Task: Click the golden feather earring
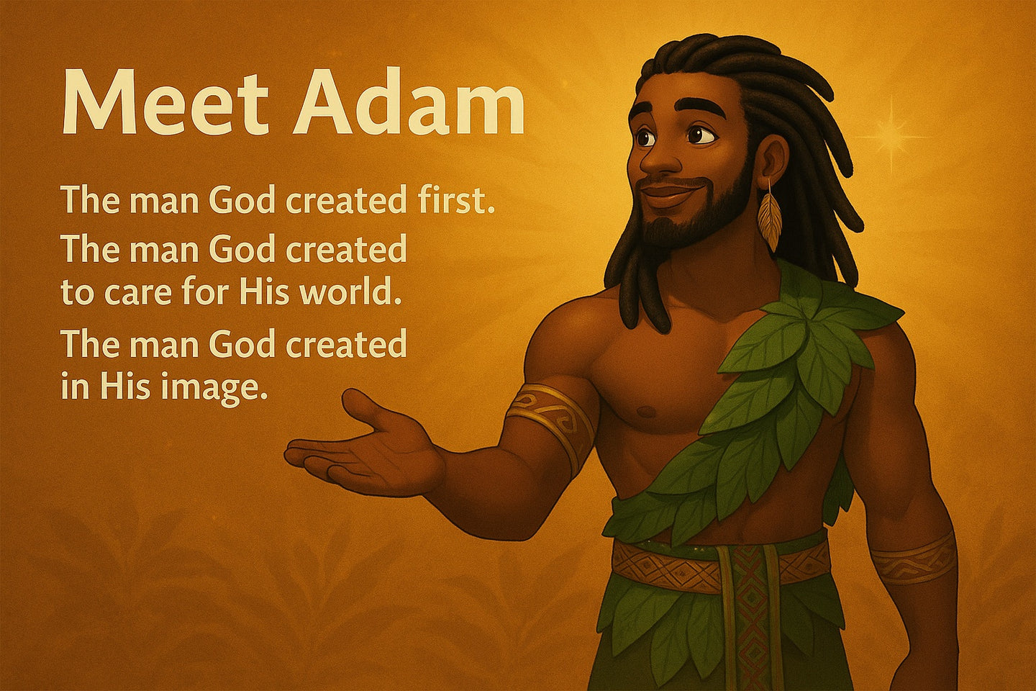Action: tap(769, 217)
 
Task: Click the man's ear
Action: tap(773, 160)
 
